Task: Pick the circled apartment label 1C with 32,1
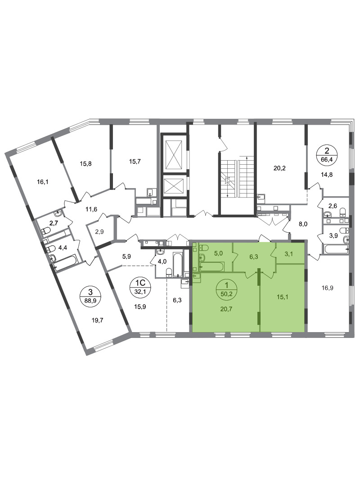139,286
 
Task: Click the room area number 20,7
227,309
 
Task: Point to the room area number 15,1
282,297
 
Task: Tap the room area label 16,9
328,288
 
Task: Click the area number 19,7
97,320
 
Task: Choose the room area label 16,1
42,182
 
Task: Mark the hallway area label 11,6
91,210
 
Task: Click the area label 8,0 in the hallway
303,224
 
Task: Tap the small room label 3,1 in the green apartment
288,254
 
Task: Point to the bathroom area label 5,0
218,254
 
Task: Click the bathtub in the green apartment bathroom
212,266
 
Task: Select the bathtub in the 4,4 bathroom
66,263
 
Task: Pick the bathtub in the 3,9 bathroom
337,249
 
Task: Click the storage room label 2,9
99,232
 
